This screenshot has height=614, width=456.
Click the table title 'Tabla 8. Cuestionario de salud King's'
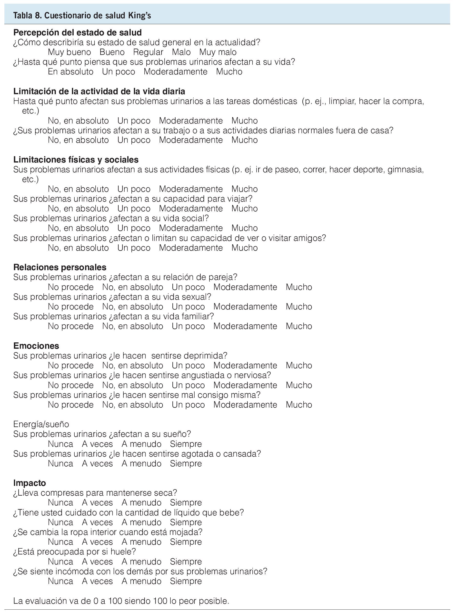tap(82, 15)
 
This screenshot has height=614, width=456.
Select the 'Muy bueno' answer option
tap(69, 52)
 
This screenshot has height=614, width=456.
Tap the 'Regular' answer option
tap(148, 52)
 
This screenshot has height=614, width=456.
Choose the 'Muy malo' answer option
tap(218, 52)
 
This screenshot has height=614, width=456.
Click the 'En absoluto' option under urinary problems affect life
tap(70, 72)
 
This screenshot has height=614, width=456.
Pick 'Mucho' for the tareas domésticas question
tap(244, 121)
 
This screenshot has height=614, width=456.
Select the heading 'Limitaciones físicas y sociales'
tap(76, 160)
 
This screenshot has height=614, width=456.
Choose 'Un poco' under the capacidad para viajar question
tap(134, 209)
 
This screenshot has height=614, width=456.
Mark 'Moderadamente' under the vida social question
tap(191, 228)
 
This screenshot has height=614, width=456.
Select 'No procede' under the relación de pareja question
tap(71, 287)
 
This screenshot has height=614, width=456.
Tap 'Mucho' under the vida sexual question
tap(299, 307)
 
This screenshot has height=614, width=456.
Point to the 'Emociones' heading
tap(36, 346)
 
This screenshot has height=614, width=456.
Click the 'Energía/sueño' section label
tap(41, 424)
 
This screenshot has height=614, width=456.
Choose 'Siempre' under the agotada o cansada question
tap(186, 463)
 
